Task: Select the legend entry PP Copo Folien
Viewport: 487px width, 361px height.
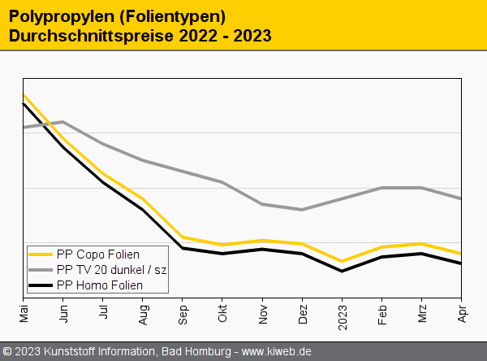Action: coord(98,254)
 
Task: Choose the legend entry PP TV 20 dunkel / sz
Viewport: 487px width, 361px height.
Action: coord(112,270)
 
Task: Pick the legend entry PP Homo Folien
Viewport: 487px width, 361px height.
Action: coord(100,285)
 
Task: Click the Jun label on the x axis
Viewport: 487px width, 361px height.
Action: coord(63,312)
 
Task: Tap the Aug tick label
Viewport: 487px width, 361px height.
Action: coord(143,313)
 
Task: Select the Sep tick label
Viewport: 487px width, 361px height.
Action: coord(183,313)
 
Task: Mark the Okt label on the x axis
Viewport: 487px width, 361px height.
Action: coord(222,312)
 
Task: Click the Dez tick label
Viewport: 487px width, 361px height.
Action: coord(302,313)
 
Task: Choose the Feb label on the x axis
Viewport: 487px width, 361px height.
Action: coord(381,313)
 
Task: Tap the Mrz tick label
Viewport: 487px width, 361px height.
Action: coord(421,312)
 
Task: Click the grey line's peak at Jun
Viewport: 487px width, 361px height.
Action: coord(63,122)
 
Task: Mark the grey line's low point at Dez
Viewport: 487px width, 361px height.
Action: coord(302,210)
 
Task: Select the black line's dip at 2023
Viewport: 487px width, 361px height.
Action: coord(342,271)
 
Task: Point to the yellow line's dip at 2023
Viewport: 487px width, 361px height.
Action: coord(342,262)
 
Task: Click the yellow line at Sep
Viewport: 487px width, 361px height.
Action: coord(183,237)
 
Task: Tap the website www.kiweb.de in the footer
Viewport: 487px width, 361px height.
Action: coord(277,351)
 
